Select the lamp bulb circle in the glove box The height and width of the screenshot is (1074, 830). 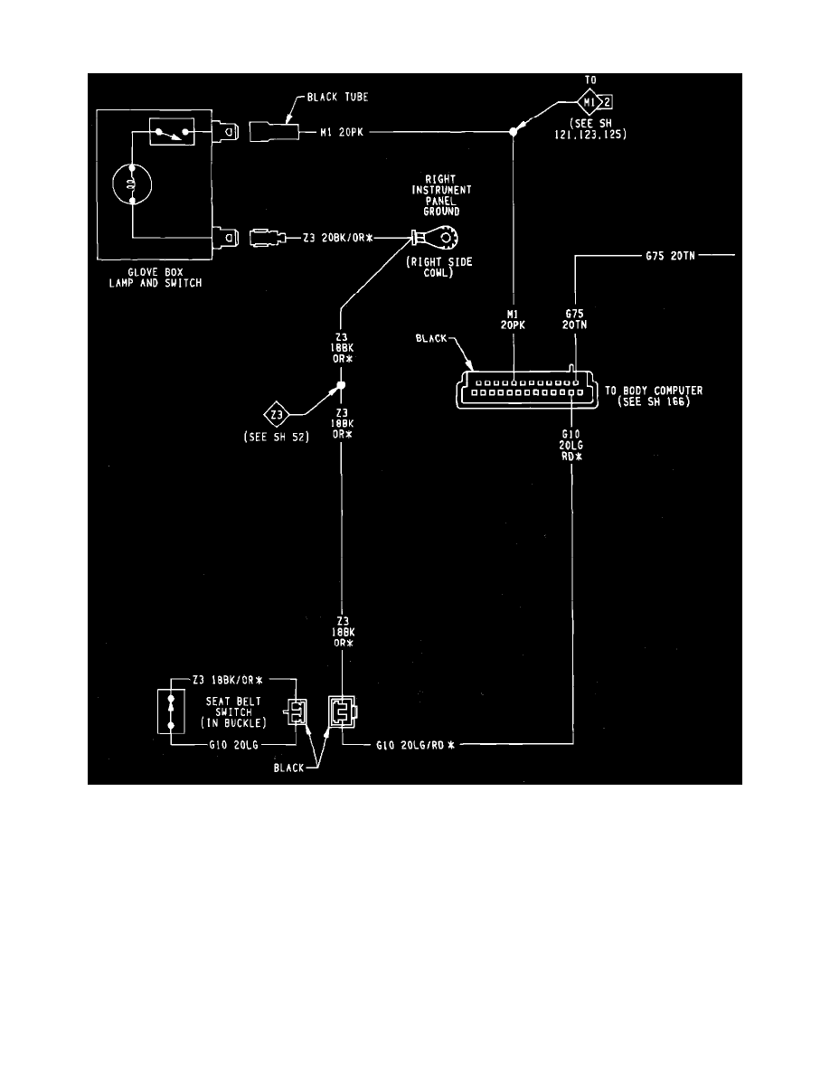pos(132,186)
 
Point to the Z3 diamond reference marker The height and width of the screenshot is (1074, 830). pos(275,415)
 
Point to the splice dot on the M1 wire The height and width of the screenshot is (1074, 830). pos(514,132)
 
